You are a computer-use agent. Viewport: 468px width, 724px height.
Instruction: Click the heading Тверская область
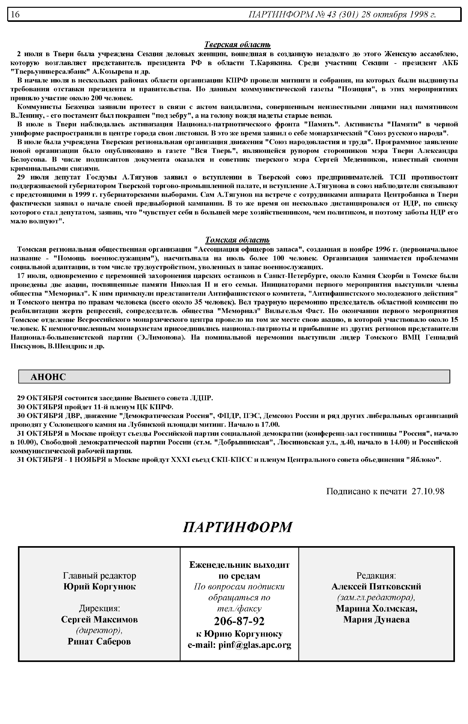237,45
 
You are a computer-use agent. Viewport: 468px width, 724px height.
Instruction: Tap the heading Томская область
237,240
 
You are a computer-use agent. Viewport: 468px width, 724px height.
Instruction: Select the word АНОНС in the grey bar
48,377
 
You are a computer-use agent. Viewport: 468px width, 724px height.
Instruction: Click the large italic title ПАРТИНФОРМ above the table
237,527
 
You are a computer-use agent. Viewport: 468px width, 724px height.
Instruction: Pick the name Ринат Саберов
99,641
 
